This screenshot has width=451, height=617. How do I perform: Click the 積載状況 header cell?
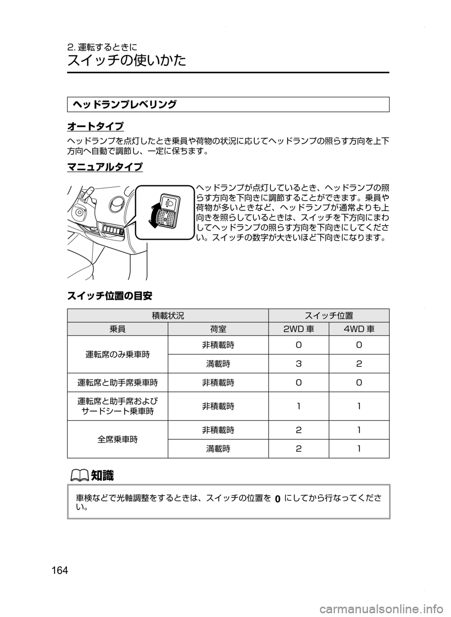coord(168,316)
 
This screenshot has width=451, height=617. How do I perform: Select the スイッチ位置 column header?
coord(329,316)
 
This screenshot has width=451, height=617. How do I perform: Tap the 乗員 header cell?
coord(117,329)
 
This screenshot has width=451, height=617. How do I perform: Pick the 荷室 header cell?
coord(218,329)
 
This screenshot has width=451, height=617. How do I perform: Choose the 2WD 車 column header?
coord(299,329)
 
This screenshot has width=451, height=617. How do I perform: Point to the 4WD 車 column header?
coord(359,329)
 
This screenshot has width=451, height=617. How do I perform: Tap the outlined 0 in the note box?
coord(277,499)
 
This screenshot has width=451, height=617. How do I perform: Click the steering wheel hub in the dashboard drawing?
coord(78,212)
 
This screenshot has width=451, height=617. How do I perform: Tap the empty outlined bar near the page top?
coord(228,104)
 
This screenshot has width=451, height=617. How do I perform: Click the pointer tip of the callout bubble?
coord(125,230)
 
